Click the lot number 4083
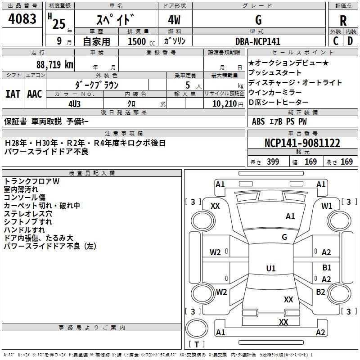22,20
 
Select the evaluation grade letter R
343,21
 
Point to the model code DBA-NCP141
258,41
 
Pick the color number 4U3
74,103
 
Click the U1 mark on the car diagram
270,269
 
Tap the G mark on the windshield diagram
284,237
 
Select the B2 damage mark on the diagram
320,292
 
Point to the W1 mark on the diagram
327,206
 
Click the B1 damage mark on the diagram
327,268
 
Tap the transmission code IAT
13,94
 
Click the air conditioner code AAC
35,94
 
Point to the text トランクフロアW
31,181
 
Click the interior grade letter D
350,41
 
